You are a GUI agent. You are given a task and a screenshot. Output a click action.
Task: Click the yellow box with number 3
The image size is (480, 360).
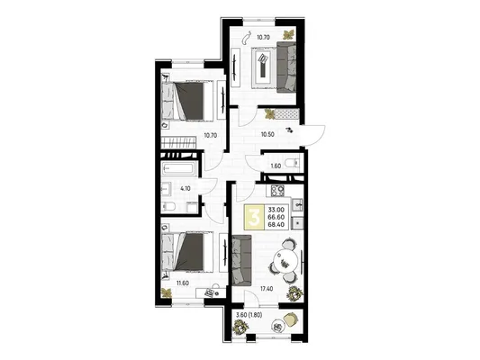pos(254,217)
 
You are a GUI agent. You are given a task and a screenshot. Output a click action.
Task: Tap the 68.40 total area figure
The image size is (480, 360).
pos(276,224)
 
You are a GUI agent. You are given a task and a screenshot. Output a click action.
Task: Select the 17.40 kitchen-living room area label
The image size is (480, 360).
pos(266,288)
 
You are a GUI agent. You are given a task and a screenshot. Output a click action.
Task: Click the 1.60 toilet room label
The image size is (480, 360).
pos(276,166)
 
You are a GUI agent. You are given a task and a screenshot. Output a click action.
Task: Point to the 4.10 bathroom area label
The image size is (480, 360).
pos(186,189)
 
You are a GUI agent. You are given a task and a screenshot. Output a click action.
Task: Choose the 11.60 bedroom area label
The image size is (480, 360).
pos(182,283)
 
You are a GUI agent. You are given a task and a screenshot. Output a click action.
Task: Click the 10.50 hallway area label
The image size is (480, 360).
pos(267,134)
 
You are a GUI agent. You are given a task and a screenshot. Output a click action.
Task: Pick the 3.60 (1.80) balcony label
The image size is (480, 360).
pos(249,315)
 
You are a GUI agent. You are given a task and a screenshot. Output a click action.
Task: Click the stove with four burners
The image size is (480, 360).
pos(277,191)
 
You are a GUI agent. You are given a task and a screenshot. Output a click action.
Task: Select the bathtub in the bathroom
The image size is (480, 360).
pos(177,169)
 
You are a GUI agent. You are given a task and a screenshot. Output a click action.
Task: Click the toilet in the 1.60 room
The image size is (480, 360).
pos(292,163)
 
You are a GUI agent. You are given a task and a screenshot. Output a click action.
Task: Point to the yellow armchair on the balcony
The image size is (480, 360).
pos(290,318)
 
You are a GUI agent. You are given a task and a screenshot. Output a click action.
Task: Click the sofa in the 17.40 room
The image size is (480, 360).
pos(242,260)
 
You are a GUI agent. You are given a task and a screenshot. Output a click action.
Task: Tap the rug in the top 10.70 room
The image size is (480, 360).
pos(263,67)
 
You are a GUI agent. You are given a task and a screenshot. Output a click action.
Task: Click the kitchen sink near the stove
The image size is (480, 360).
pos(297,204)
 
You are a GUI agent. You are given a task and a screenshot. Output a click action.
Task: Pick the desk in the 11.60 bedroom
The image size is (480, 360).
pos(211,292)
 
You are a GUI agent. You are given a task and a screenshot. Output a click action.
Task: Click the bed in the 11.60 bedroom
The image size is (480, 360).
pos(187,251)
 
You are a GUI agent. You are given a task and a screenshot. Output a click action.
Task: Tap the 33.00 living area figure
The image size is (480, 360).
pos(276,210)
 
